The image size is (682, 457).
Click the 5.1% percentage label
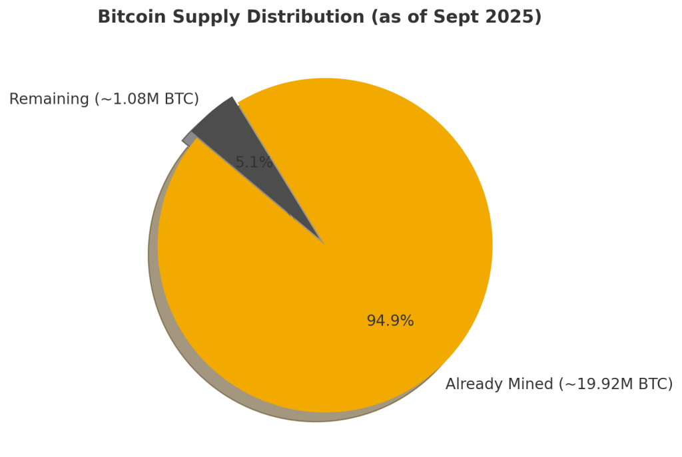pyautogui.click(x=254, y=162)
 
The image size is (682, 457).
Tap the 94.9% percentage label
pyautogui.click(x=390, y=321)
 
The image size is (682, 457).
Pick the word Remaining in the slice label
pyautogui.click(x=49, y=100)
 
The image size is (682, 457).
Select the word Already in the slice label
pyautogui.click(x=472, y=384)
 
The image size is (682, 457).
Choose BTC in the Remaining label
pyautogui.click(x=182, y=100)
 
